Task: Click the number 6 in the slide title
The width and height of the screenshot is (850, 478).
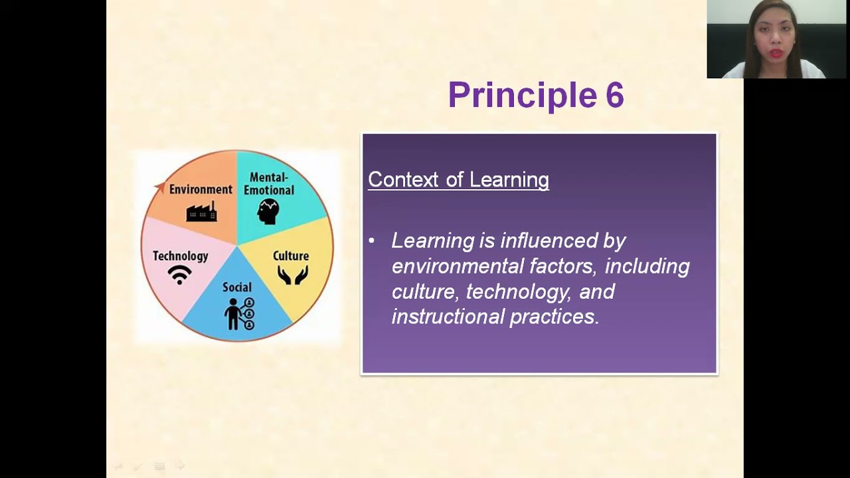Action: (x=614, y=96)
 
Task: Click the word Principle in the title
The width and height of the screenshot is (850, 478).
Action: (x=522, y=96)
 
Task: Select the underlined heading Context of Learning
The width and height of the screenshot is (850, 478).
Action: (x=458, y=180)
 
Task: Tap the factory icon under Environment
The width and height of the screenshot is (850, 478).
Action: (x=201, y=211)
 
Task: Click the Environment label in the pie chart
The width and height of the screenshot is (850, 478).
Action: (x=201, y=189)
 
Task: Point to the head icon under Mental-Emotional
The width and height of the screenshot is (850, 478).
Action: (x=268, y=212)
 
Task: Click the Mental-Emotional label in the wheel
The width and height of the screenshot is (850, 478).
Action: (x=268, y=184)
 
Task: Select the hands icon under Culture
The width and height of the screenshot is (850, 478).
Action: (x=292, y=275)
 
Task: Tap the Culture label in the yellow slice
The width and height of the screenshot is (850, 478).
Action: (x=291, y=256)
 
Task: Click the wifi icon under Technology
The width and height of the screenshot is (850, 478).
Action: (x=179, y=274)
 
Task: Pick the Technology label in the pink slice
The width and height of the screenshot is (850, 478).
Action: (x=180, y=256)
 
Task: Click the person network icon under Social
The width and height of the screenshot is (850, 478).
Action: (x=239, y=314)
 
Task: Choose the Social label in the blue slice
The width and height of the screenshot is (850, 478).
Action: (x=237, y=287)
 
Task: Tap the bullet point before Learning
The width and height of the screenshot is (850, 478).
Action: (x=371, y=241)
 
